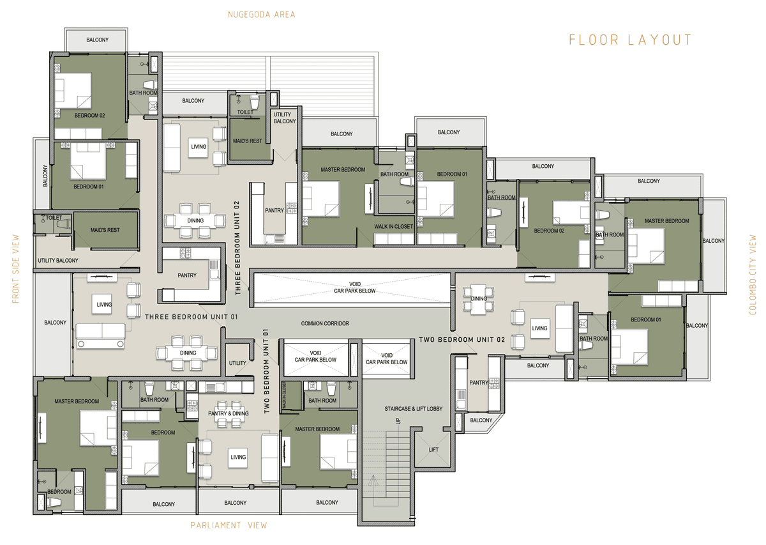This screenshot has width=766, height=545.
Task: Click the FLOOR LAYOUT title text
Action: (x=630, y=40)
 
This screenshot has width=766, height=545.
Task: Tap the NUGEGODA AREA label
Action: (x=262, y=14)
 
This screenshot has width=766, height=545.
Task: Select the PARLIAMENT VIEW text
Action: (x=229, y=525)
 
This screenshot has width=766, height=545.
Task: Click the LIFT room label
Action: (x=433, y=449)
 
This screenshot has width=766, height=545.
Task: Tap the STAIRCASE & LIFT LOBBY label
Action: (x=413, y=408)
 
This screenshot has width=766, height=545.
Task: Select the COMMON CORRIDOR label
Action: (x=325, y=323)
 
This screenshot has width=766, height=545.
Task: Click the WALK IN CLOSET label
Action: (x=393, y=226)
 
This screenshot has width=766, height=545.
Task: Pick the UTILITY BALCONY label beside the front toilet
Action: (x=58, y=260)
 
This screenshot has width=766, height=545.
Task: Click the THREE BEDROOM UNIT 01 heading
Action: (x=191, y=317)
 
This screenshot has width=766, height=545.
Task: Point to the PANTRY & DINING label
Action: (x=228, y=413)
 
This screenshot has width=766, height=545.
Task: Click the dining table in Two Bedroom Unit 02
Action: (x=478, y=299)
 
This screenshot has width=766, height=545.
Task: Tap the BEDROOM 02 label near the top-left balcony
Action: (x=89, y=115)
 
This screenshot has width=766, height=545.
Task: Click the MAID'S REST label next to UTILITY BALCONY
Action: (x=247, y=141)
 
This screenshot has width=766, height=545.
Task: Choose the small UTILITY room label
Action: (x=237, y=363)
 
